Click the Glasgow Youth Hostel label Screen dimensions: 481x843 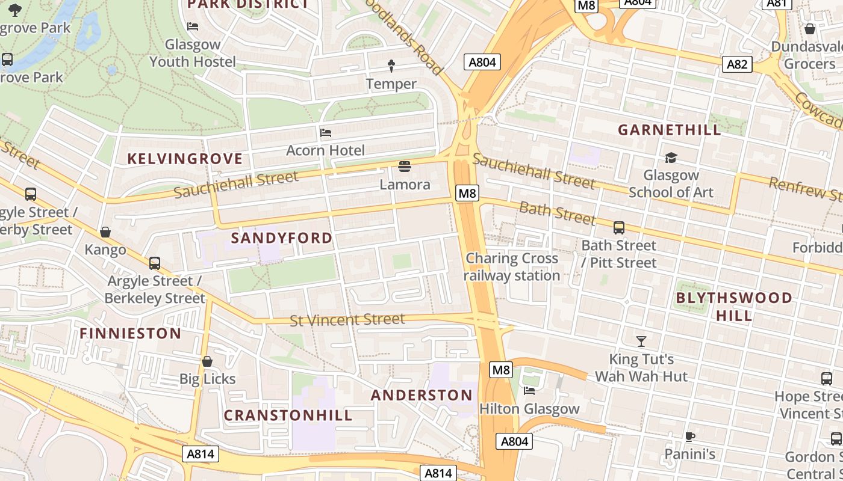193,53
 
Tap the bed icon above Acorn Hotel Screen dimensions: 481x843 326,132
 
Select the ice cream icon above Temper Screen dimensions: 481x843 391,66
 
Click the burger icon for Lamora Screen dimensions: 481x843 405,166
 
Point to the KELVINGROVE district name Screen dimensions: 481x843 185,159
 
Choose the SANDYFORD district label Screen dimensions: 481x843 282,237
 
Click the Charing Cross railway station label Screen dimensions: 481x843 512,267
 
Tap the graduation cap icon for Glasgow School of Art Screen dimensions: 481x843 671,158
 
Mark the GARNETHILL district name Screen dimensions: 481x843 670,130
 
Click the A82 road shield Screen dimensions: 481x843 737,64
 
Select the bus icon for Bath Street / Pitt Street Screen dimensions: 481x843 619,228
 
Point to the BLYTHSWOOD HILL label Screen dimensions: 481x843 734,306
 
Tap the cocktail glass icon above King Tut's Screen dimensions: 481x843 641,342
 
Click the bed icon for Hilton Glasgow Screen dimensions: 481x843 529,391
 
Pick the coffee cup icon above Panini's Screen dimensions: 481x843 690,436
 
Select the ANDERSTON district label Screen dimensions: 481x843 421,395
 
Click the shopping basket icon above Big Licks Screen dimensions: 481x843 207,361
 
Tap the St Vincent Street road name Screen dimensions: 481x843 347,319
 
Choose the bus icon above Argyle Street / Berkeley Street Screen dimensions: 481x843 155,263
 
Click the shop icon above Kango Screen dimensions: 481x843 105,232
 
